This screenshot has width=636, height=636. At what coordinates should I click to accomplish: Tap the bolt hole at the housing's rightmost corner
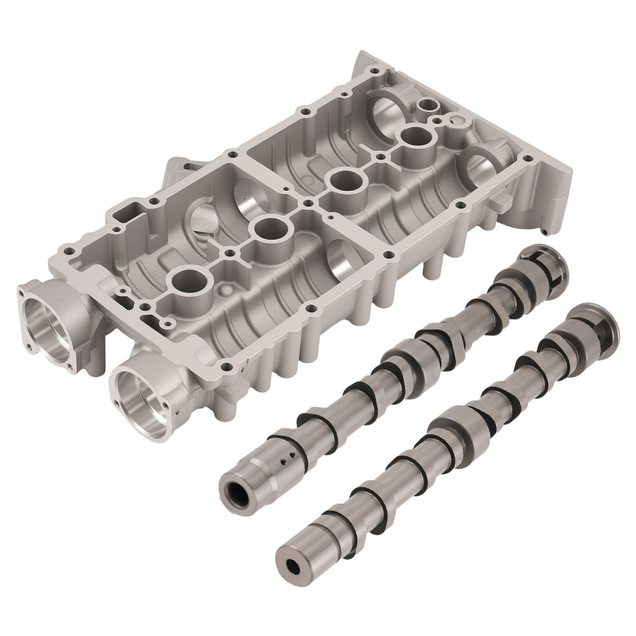(x=525, y=155)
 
